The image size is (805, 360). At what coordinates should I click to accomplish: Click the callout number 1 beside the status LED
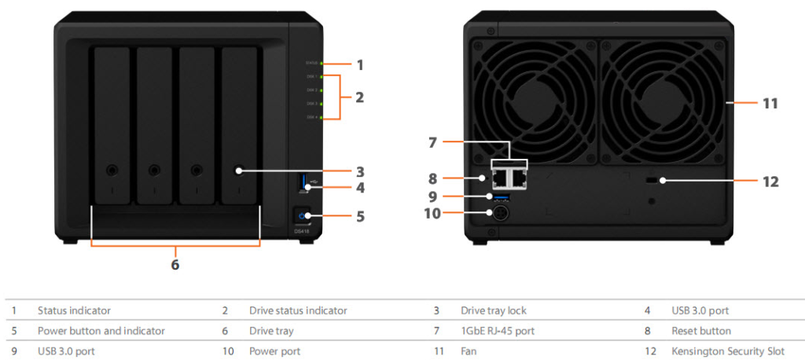[359, 64]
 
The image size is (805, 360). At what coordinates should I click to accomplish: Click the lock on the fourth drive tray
[238, 170]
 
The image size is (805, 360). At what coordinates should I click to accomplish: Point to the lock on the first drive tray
[112, 170]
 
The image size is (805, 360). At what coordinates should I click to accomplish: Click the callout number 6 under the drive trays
[175, 265]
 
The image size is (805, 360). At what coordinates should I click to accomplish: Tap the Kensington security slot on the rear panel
[650, 181]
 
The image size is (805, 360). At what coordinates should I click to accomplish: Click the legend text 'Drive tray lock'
[494, 310]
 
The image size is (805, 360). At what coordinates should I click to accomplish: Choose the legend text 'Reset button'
[700, 331]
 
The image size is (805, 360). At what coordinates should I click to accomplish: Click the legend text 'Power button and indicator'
[101, 331]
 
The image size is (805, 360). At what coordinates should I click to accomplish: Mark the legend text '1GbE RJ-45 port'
[498, 331]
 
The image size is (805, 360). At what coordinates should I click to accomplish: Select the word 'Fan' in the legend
[469, 351]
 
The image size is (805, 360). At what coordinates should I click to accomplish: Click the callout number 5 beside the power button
[359, 215]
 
